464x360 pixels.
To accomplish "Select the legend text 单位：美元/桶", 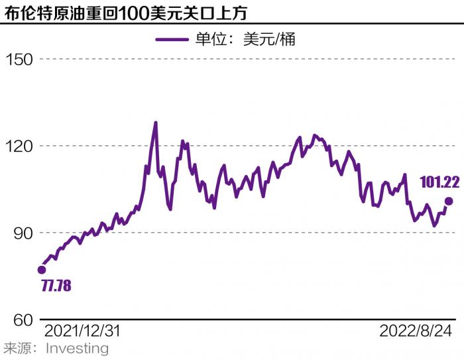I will (245, 40).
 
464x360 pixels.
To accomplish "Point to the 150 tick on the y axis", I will (19, 60).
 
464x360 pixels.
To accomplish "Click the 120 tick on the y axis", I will (19, 146).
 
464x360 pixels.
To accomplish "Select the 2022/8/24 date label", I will (416, 331).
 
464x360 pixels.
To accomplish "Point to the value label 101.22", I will (439, 180).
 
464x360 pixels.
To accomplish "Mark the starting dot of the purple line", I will (42, 270).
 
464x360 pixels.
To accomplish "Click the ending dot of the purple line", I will (449, 201).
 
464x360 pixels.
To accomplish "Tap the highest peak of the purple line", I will (155, 123).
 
